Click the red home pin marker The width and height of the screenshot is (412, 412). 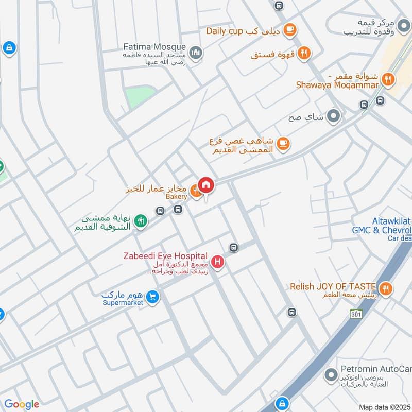pos(206,184)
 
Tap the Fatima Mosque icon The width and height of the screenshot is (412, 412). pos(195,52)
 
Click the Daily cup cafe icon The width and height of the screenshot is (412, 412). pos(290,29)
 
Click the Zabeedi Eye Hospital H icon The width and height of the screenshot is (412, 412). pos(218,263)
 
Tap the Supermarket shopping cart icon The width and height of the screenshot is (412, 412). pos(152,297)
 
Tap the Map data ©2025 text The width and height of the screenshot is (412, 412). pos(384,407)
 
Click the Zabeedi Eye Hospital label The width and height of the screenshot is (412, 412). pos(165,256)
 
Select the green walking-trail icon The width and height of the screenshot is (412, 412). pos(140,221)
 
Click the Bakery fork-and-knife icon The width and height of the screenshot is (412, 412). pos(196,191)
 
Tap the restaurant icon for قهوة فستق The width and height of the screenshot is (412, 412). pos(304,53)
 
